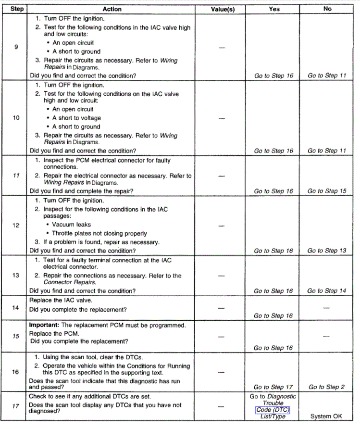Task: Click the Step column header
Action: click(x=17, y=9)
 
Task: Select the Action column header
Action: click(x=112, y=9)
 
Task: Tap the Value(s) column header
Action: click(x=223, y=9)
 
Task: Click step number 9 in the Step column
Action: click(x=16, y=47)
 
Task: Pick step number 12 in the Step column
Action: click(x=16, y=225)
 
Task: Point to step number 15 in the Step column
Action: click(x=16, y=336)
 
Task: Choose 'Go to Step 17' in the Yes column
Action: click(x=273, y=387)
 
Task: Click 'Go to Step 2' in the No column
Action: click(x=327, y=387)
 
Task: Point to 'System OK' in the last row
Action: click(x=326, y=416)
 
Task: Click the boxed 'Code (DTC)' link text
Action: click(x=273, y=410)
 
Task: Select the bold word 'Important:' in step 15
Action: click(x=44, y=325)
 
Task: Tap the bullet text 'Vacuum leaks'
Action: click(x=71, y=225)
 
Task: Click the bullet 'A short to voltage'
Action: click(x=76, y=118)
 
